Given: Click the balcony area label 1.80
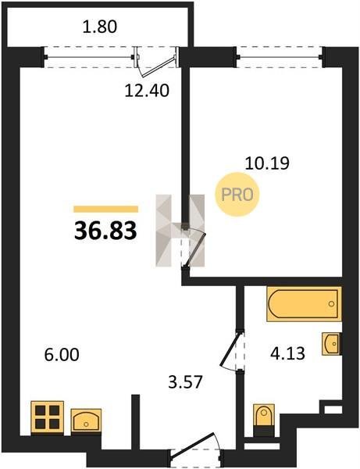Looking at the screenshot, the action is [100, 27].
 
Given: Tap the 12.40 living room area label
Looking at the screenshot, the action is [147, 91].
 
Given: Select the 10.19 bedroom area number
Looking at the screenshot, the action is [267, 163].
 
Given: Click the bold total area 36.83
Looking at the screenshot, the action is [105, 231].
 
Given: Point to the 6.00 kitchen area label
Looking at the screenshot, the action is [62, 355].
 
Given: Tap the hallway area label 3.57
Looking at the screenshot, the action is [186, 382].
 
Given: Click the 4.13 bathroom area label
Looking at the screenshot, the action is [287, 353].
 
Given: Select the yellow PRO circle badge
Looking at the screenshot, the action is [237, 195].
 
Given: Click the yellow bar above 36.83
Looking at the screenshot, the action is [106, 209].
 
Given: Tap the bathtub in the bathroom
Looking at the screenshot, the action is [304, 303].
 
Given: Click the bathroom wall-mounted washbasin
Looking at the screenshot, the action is [332, 344].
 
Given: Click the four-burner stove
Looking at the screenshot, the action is [48, 417].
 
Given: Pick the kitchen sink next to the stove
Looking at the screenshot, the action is [86, 421].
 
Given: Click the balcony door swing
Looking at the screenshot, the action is [155, 64].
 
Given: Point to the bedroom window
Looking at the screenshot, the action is [280, 57].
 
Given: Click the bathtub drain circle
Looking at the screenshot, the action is [331, 304].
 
